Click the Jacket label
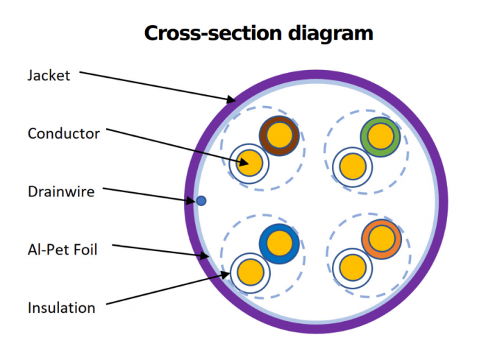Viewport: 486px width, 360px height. (x=49, y=75)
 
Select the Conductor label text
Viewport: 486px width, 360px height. (x=64, y=133)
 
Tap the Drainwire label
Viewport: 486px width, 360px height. (x=60, y=191)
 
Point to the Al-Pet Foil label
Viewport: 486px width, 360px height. (x=62, y=249)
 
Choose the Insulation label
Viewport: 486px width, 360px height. (x=61, y=307)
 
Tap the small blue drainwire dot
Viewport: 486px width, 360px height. (x=201, y=200)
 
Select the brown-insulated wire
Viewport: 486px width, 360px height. (x=279, y=135)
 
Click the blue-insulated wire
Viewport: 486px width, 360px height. (x=279, y=243)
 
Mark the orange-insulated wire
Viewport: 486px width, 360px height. (x=381, y=239)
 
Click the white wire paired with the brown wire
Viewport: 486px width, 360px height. (x=249, y=163)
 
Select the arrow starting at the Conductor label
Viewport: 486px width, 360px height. (x=174, y=145)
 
